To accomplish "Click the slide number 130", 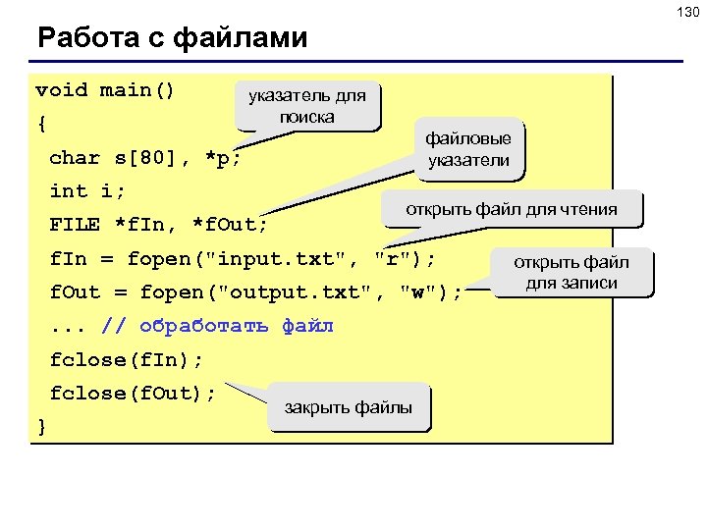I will coord(686,12).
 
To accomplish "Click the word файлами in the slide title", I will coord(240,38).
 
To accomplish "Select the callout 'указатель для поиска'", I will coord(306,106).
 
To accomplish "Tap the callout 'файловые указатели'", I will coord(467,149).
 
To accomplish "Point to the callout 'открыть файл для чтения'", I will coord(512,208).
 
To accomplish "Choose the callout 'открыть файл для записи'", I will coord(571,273).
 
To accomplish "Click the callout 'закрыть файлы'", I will coord(348,407).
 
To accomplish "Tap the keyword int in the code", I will coord(68,190).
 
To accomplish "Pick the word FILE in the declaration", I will coord(75,224).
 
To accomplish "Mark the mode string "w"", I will coord(419,291).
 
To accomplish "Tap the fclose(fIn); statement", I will coord(127,359).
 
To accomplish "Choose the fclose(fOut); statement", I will coord(133,393).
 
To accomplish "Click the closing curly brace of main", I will coord(41,426).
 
